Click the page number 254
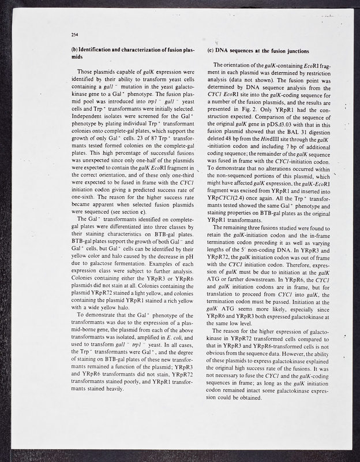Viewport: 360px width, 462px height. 74,35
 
